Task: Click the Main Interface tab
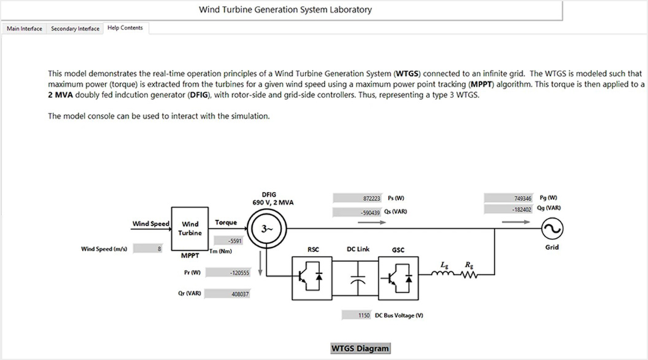(25, 29)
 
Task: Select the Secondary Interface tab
(75, 29)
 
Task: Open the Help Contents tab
(125, 28)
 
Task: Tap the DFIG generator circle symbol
(265, 229)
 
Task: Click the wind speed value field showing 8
(149, 249)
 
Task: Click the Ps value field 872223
(357, 198)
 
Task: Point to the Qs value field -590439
(357, 212)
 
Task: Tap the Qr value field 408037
(230, 293)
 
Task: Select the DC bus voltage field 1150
(356, 315)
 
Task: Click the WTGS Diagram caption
(360, 348)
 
